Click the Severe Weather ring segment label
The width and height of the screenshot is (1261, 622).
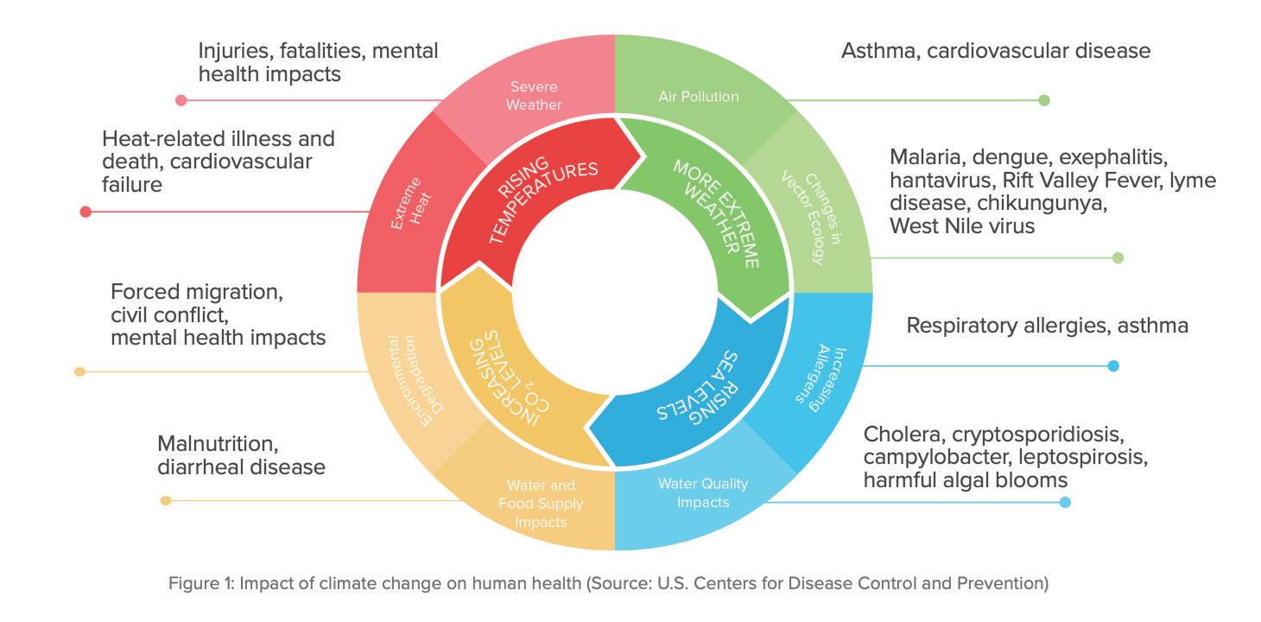coord(533,96)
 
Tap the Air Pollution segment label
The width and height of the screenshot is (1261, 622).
coord(699,96)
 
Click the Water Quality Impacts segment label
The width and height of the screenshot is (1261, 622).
coord(703,492)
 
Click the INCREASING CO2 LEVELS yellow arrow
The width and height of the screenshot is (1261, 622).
coord(510,380)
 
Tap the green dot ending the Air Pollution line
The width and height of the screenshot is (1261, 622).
coord(1043,100)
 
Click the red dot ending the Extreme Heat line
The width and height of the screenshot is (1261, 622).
coord(86,212)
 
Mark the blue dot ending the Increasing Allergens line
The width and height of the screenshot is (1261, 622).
coord(1113,366)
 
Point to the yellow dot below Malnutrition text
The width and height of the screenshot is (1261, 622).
coord(166,500)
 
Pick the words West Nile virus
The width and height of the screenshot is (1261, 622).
coord(962,226)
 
